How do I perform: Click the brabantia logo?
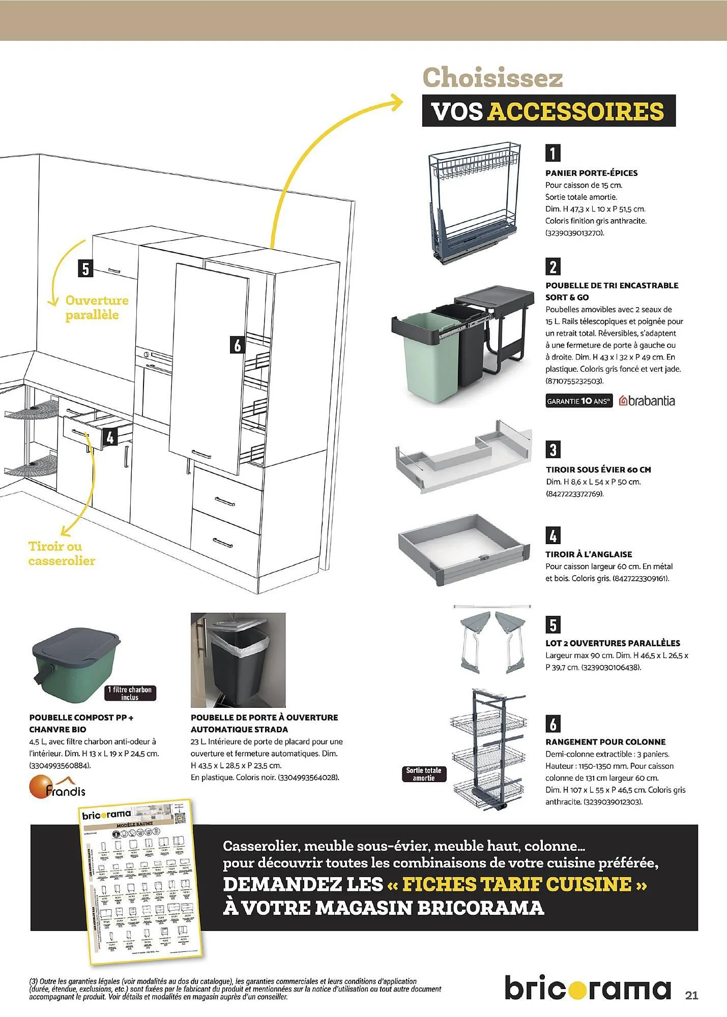[x=647, y=401]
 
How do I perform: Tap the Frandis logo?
[x=57, y=787]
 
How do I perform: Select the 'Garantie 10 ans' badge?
[x=578, y=401]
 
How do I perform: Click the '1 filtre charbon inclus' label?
[x=130, y=693]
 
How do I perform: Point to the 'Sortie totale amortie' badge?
[x=423, y=774]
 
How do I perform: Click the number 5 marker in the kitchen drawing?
[x=85, y=268]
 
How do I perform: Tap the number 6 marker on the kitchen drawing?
[x=237, y=345]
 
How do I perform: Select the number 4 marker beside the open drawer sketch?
[x=110, y=437]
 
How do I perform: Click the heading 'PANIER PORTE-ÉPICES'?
[x=591, y=173]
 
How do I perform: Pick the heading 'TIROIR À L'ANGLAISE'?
[x=589, y=554]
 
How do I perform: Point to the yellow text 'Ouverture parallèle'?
[x=96, y=308]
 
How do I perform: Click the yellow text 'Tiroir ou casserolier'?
[x=62, y=553]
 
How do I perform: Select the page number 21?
[x=691, y=995]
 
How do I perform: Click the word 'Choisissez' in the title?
[x=492, y=78]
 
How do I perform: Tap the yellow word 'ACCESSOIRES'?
[x=575, y=111]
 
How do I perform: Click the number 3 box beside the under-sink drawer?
[x=553, y=449]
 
